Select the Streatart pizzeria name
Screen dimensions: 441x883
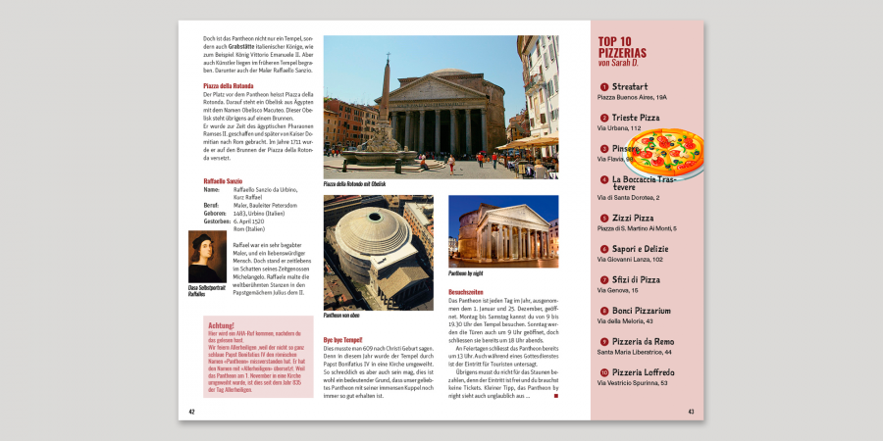click(x=630, y=86)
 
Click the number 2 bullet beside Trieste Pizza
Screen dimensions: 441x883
click(x=604, y=118)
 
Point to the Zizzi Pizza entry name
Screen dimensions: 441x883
click(x=633, y=218)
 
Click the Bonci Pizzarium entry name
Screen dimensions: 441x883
click(x=642, y=311)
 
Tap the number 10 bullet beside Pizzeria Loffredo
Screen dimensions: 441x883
click(x=604, y=372)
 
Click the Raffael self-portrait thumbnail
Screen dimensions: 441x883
click(x=207, y=257)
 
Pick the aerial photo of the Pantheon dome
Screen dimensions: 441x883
click(x=378, y=252)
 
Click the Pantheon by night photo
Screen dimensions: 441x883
click(x=502, y=231)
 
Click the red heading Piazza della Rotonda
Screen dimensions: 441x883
click(x=229, y=86)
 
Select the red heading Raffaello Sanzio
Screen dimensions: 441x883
click(x=223, y=181)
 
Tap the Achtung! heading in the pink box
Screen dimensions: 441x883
click(x=222, y=325)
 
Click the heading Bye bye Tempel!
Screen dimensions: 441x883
click(x=342, y=340)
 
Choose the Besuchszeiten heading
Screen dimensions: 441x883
click(x=465, y=292)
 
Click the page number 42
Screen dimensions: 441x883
click(x=192, y=412)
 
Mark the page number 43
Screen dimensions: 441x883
click(x=691, y=412)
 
